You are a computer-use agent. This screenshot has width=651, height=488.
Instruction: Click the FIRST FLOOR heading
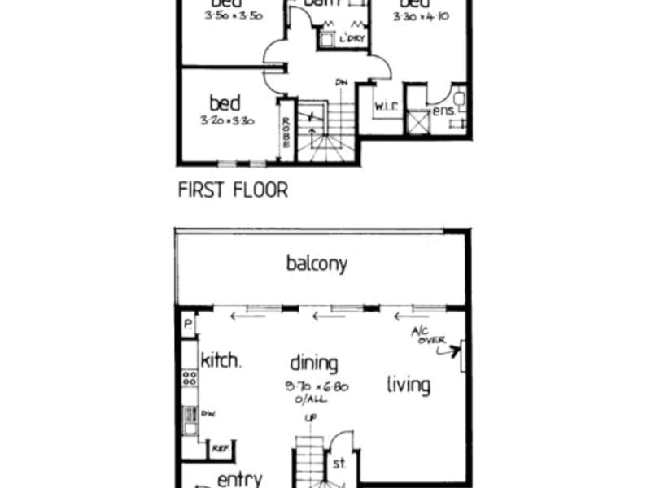tap(233, 191)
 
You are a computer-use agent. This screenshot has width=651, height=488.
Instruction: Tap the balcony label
tap(317, 264)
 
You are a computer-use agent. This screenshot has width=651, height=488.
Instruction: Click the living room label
tap(408, 384)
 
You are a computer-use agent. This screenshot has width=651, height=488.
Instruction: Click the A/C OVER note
tap(429, 336)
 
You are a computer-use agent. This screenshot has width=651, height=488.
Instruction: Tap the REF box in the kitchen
tap(219, 447)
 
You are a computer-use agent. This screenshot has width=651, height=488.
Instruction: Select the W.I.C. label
tap(385, 107)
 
